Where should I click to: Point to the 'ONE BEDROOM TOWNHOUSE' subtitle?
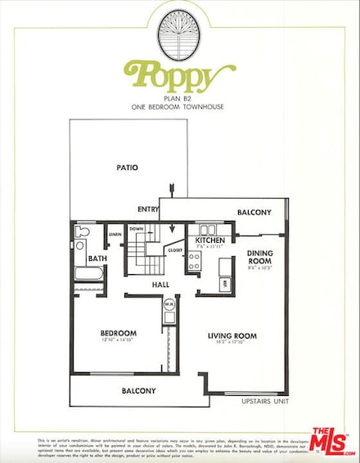tap(179, 107)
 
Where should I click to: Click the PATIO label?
tap(126, 168)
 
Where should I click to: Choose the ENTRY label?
tap(149, 209)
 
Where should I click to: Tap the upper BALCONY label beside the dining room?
tap(254, 212)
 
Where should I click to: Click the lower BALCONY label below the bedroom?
tap(138, 391)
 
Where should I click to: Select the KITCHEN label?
tap(211, 240)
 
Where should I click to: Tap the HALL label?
tap(160, 285)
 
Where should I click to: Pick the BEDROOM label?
tap(118, 333)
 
